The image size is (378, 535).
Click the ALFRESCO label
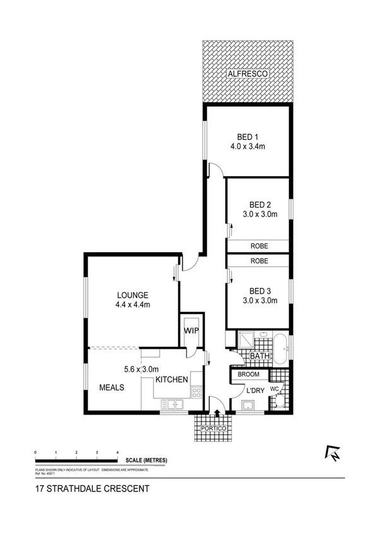[248, 74]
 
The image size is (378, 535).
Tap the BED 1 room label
[248, 137]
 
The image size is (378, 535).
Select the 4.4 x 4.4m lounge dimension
[132, 305]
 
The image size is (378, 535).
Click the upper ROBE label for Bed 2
[259, 247]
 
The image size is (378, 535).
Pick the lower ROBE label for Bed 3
[259, 261]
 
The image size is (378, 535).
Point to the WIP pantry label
[191, 330]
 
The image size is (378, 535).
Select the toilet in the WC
[282, 397]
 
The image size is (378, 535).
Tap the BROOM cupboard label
[249, 375]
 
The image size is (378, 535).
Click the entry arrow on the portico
[218, 414]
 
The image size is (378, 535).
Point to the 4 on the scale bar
[117, 454]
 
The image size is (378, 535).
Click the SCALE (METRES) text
[146, 460]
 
